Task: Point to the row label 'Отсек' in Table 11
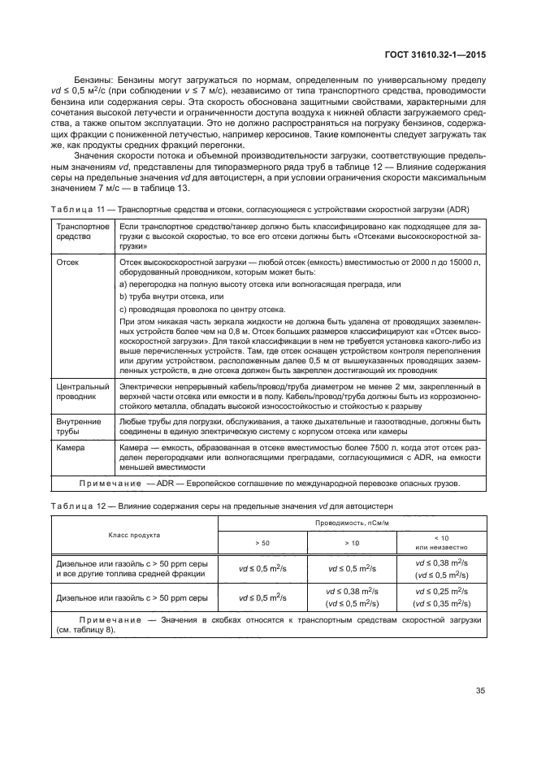[x=67, y=263]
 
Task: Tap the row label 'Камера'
[x=71, y=448]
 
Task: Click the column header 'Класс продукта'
[x=135, y=535]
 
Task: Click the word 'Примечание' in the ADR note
[x=110, y=484]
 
